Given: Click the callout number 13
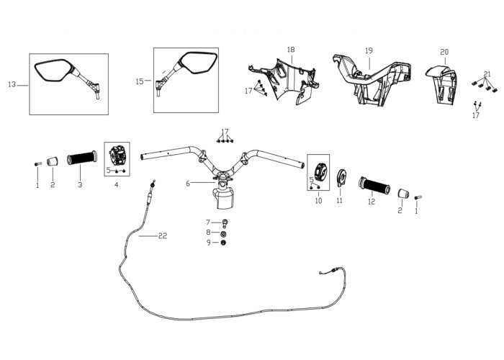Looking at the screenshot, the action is point(12,84).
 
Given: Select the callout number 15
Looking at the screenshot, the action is point(140,81).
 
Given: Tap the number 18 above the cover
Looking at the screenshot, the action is point(291,50).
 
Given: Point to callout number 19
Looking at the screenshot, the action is point(369,51).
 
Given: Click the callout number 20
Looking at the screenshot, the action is point(444,52).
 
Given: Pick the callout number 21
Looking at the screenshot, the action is point(487,74).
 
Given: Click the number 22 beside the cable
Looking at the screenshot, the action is point(163,236).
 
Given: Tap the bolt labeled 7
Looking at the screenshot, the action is point(225,222).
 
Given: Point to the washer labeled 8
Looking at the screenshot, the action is point(223,233).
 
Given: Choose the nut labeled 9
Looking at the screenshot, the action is point(223,243).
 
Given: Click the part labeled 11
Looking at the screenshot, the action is point(341,178).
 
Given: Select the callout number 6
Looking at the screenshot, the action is point(188,184).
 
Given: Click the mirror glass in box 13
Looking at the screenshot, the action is point(53,70).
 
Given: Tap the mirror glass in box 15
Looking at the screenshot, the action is point(198,63).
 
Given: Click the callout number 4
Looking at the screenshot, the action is point(117,185).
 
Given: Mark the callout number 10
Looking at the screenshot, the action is point(318,201).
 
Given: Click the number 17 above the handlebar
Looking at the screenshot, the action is point(225,132).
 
